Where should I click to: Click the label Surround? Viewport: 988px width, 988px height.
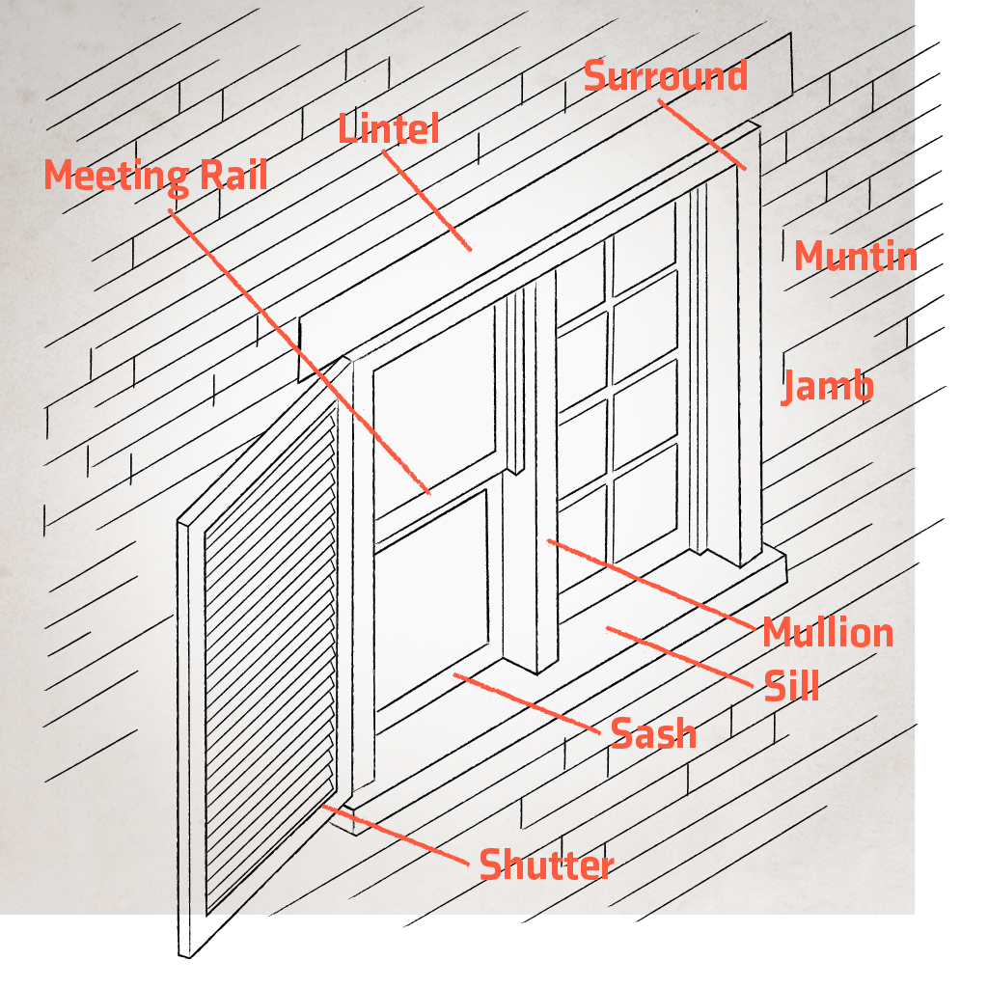[666, 75]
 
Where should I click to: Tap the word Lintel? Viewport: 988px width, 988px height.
[388, 128]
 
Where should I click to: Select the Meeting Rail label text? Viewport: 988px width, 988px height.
[155, 176]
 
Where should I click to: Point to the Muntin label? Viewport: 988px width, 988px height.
[855, 256]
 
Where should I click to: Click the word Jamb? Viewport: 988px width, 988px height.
[827, 386]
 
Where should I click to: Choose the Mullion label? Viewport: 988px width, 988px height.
[828, 632]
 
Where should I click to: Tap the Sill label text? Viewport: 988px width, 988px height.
[791, 686]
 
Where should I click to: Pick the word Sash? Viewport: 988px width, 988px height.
[653, 733]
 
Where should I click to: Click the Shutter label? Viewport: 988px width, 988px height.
[546, 864]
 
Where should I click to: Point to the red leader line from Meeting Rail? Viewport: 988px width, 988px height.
[299, 351]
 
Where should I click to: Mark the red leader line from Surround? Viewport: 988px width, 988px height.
[702, 134]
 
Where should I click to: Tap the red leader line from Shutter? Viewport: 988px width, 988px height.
[396, 835]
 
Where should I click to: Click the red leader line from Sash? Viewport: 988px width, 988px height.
[527, 703]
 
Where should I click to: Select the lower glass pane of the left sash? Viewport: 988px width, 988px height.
[431, 598]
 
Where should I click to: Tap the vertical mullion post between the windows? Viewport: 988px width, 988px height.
[546, 473]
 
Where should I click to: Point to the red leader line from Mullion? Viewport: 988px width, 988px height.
[651, 584]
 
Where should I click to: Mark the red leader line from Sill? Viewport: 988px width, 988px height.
[679, 656]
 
